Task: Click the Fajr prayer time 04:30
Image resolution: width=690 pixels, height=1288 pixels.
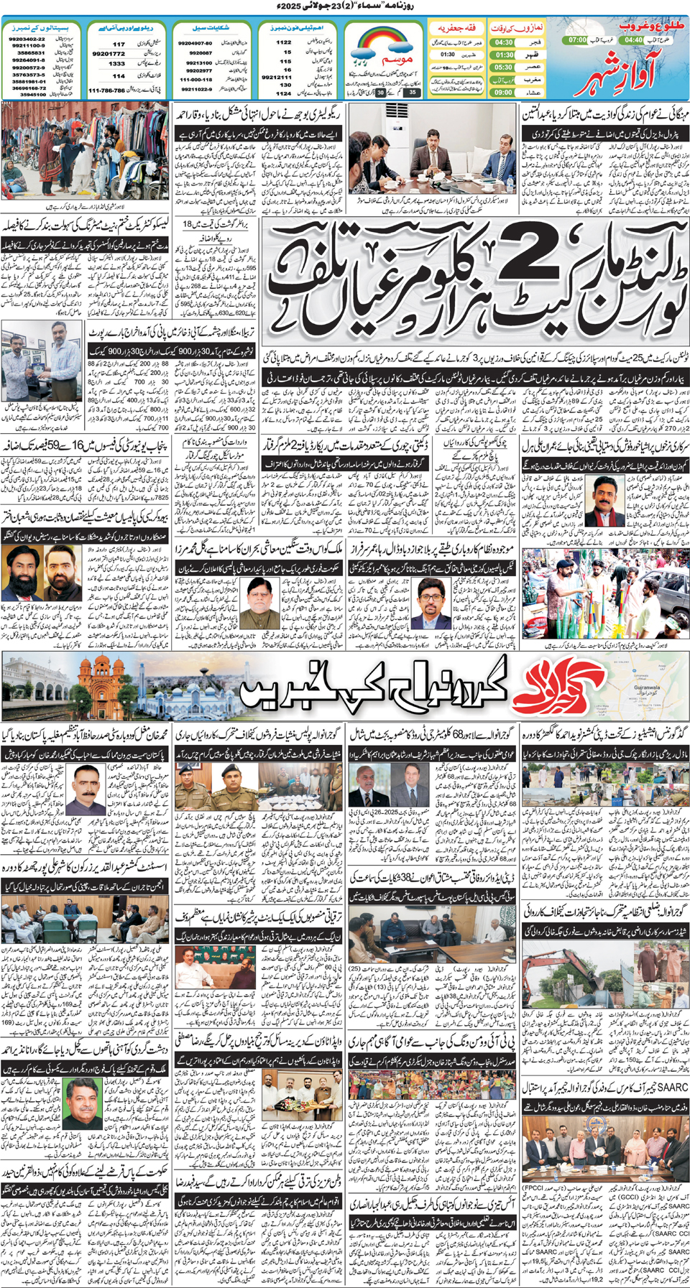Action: click(x=504, y=42)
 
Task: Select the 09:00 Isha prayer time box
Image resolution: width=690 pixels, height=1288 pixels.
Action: click(x=504, y=93)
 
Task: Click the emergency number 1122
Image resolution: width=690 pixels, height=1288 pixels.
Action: click(x=284, y=42)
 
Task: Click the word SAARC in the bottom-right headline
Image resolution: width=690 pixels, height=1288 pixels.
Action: click(x=673, y=1088)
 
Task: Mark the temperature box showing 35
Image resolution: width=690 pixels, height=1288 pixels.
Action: click(x=412, y=92)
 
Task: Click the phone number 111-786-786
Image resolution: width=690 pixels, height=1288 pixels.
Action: click(x=106, y=91)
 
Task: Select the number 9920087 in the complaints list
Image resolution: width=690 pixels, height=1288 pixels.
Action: click(x=201, y=53)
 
